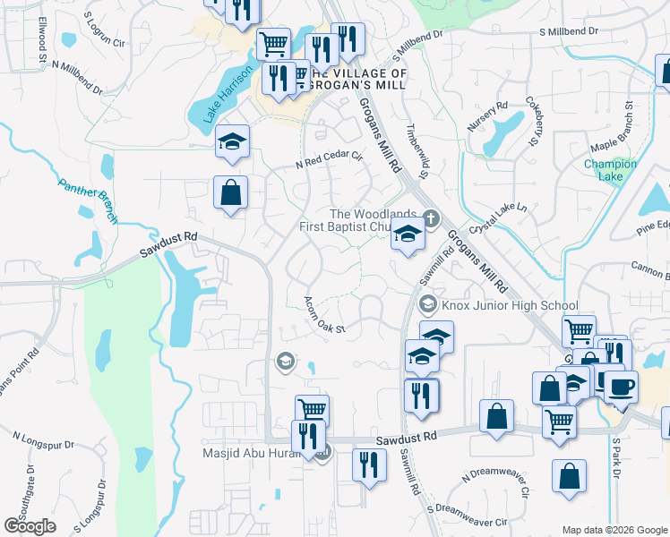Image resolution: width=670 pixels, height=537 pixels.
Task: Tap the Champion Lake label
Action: coord(610,170)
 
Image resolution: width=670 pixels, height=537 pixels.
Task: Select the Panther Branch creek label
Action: coord(88,200)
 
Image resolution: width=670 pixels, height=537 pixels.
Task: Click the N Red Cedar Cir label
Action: coord(329,160)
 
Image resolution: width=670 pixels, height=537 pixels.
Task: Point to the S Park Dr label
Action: coord(616,457)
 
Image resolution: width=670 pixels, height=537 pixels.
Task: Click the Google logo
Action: coord(30,526)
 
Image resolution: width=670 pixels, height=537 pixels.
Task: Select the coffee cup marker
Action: coord(621,387)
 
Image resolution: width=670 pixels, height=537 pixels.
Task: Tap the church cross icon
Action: coord(431,217)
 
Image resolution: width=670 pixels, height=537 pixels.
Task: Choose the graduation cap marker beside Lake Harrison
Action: coord(232,141)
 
